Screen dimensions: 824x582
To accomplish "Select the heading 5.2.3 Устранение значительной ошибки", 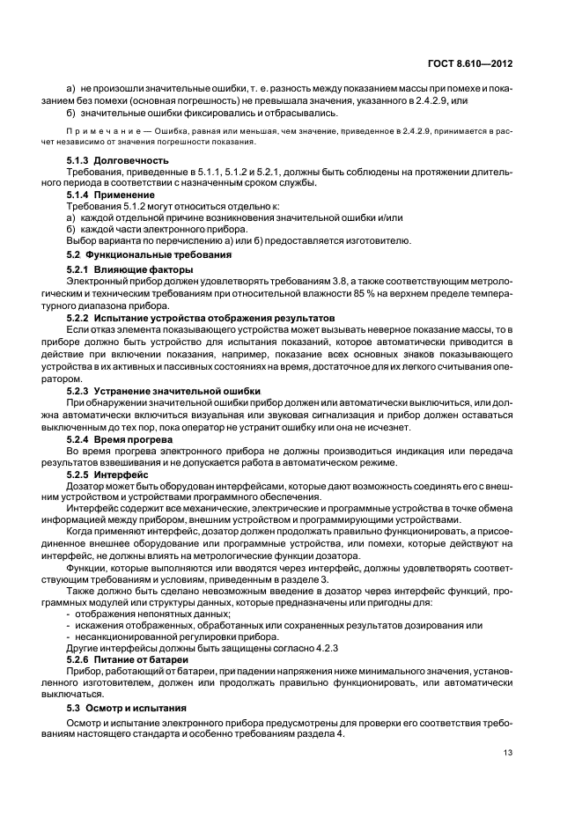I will coord(163,390).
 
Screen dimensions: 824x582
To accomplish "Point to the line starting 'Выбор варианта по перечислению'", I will coord(238,240).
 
